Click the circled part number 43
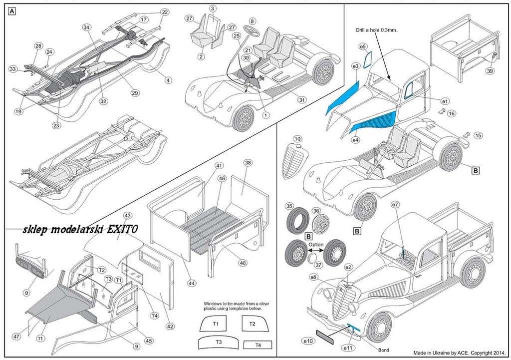pos(128,215)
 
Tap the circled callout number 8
pos(253,21)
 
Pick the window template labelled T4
pos(258,345)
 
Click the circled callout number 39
pos(490,71)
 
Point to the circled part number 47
pos(17,337)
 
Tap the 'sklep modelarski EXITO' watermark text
pos(80,230)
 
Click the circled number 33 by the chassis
pos(13,69)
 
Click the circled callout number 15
pos(479,135)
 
